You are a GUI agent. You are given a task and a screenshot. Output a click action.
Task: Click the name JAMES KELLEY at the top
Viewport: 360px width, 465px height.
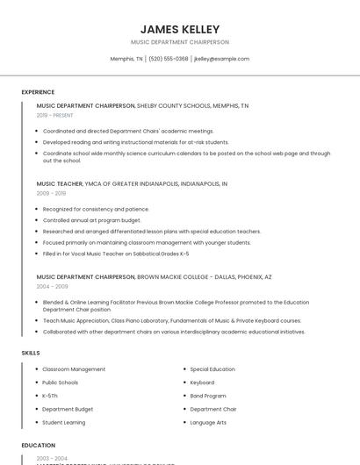point(180,29)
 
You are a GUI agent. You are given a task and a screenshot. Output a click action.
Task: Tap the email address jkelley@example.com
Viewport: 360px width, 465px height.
point(221,59)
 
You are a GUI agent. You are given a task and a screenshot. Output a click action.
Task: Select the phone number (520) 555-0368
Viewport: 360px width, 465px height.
point(169,59)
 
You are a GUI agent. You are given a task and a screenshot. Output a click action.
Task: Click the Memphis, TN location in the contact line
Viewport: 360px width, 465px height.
point(126,59)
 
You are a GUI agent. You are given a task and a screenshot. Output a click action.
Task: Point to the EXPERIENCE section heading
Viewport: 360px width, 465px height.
point(38,92)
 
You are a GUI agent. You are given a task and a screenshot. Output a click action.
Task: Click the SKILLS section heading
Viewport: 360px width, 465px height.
point(31,353)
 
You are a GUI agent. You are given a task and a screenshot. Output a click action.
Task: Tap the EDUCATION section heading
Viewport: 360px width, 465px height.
point(39,446)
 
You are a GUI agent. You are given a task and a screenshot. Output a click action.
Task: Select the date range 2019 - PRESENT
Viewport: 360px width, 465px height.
point(54,115)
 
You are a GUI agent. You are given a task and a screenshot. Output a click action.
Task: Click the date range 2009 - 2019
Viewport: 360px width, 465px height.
point(51,193)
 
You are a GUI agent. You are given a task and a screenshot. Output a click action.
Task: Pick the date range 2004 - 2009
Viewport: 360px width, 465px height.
point(51,286)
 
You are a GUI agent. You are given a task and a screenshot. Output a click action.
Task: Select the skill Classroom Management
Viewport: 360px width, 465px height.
point(74,369)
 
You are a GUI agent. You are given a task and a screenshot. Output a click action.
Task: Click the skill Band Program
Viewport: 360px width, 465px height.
point(208,396)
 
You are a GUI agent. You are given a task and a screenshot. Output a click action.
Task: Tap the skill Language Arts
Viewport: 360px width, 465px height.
point(208,422)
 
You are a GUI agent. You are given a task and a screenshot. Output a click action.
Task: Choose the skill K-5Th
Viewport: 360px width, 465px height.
point(50,396)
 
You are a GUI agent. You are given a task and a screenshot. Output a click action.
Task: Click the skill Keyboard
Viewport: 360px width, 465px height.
point(202,383)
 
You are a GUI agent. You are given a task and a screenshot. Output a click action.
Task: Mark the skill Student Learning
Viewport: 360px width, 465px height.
point(64,422)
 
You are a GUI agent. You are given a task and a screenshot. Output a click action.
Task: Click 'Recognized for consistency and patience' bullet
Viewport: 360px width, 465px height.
point(96,209)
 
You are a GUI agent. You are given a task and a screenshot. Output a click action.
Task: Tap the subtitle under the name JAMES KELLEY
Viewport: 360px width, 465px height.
point(180,42)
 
